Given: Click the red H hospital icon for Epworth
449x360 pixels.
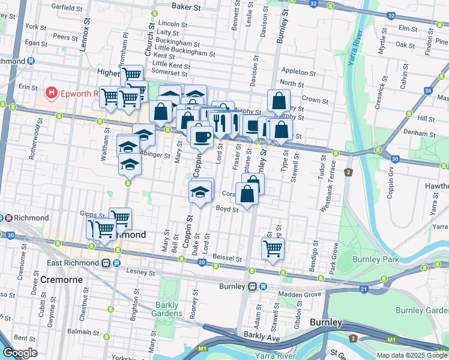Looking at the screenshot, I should (52, 93).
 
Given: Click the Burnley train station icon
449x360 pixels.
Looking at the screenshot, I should (253, 287).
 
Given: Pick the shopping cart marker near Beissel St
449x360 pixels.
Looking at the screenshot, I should (273, 248).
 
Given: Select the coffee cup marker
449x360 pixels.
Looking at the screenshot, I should (201, 137).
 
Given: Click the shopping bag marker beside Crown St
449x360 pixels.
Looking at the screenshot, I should (279, 101).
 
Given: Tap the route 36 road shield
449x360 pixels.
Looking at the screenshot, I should (427, 91).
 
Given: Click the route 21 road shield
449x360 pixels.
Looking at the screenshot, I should (363, 290).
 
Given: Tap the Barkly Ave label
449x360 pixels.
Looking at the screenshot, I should (262, 337).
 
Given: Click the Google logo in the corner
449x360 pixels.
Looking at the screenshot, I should (20, 353).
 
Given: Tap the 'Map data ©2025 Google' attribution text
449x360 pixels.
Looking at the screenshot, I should (412, 355).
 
